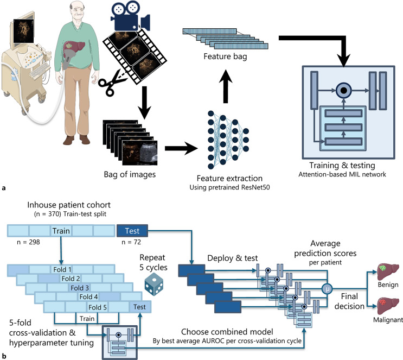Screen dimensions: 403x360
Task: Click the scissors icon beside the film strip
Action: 111,83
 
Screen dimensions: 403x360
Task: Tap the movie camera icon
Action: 130,16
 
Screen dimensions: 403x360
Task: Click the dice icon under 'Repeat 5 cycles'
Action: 153,285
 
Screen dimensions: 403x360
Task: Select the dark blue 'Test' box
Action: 132,231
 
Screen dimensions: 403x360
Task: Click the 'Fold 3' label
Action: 80,288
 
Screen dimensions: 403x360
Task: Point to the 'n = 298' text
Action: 28,242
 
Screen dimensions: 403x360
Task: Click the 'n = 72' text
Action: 131,242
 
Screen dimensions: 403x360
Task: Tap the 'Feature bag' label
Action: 225,56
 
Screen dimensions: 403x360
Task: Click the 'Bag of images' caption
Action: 130,174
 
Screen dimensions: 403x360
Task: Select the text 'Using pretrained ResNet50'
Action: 229,187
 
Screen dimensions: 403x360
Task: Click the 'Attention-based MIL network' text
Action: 342,174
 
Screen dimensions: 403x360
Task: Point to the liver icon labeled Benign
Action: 388,271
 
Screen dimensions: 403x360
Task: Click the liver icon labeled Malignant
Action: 388,306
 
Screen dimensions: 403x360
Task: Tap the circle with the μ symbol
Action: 327,289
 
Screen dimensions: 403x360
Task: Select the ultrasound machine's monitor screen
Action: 23,31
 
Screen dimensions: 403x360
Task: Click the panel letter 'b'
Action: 3,356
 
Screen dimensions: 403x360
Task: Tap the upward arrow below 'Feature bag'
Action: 226,86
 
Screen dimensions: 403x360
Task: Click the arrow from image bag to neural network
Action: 181,148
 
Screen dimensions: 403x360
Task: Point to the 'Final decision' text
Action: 349,301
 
